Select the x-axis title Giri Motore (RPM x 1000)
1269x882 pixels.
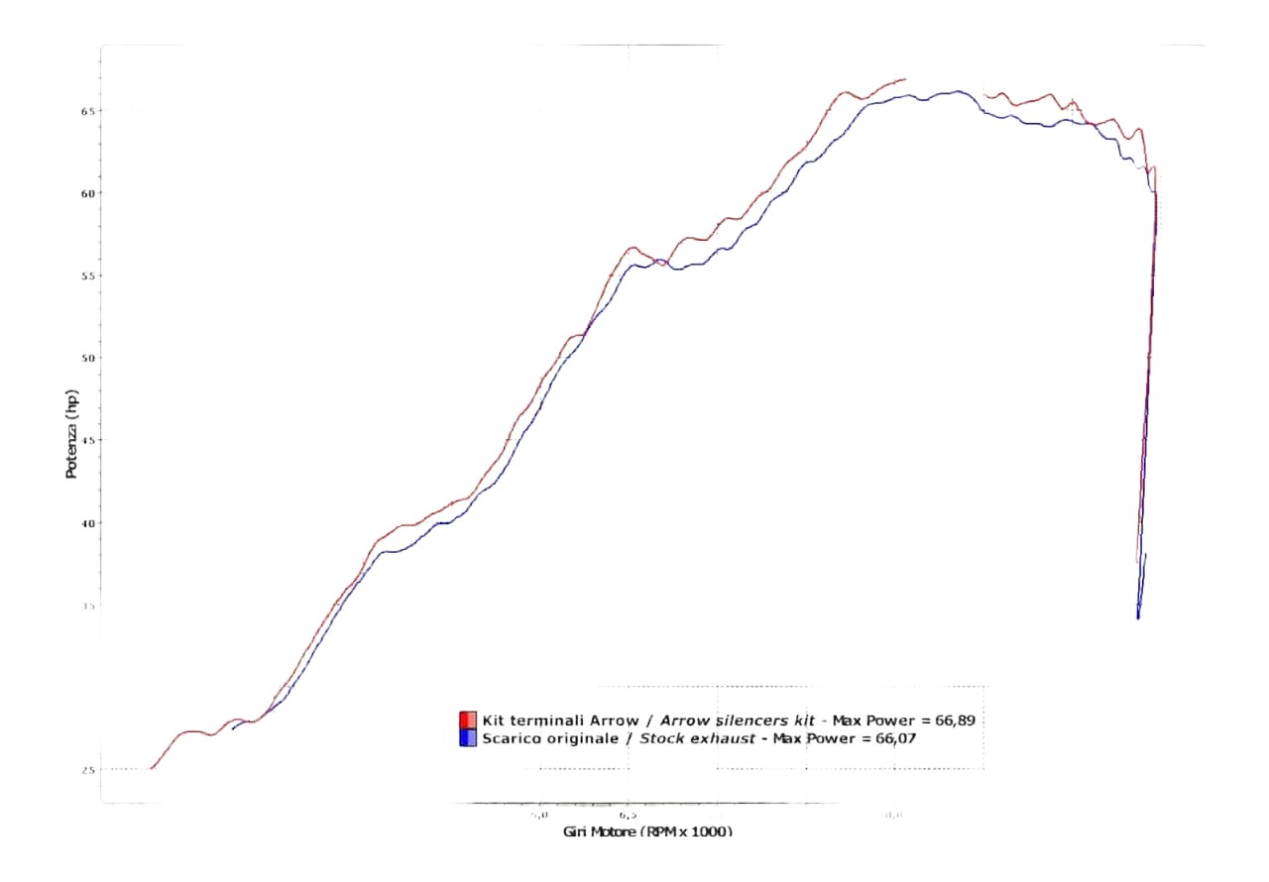[647, 831]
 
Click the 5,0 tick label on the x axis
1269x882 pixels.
[538, 815]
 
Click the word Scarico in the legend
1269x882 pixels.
[507, 738]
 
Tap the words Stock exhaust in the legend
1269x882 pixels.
[694, 738]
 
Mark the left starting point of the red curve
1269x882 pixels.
[151, 768]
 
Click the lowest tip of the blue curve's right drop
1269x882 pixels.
[1138, 618]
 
